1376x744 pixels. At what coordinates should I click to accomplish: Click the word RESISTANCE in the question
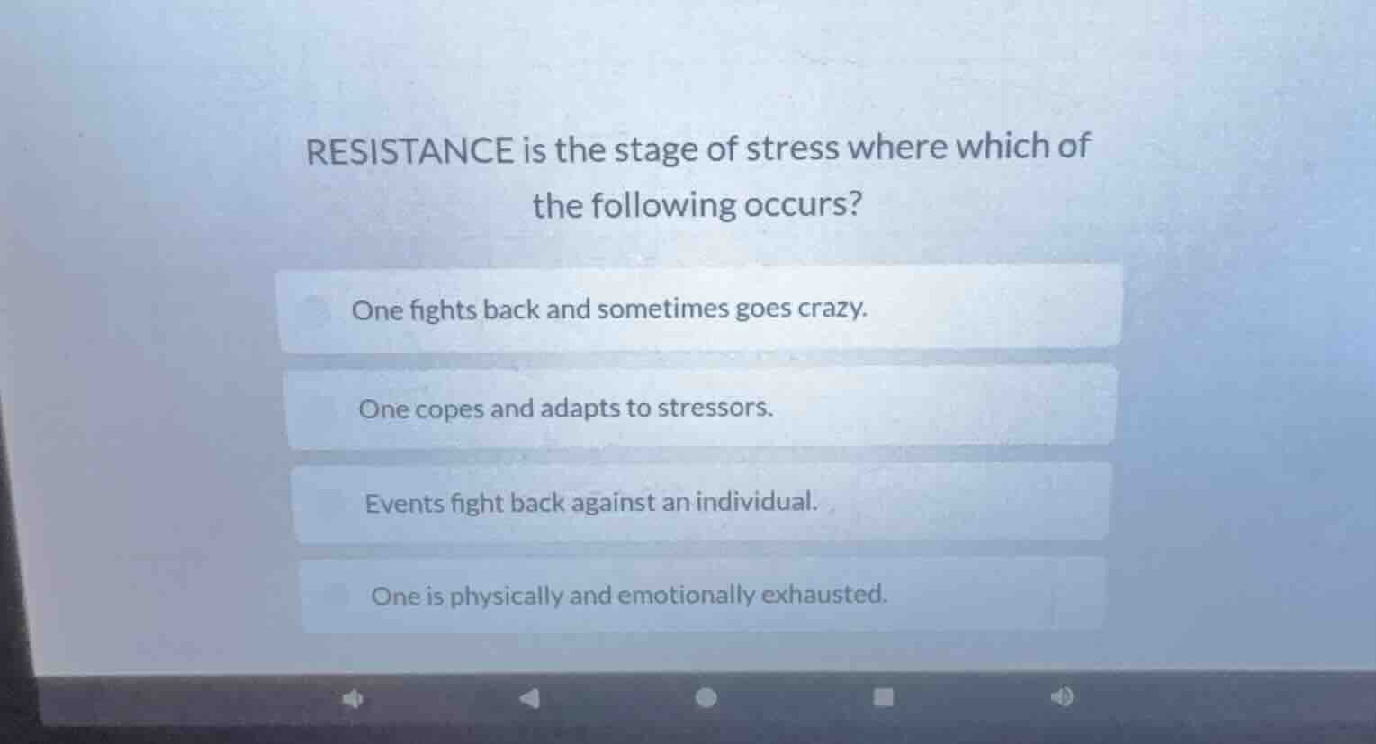(x=409, y=150)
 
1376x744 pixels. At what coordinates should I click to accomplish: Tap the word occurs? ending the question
(x=802, y=205)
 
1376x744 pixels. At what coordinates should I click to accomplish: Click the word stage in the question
(x=656, y=149)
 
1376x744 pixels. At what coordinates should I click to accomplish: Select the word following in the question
(x=665, y=205)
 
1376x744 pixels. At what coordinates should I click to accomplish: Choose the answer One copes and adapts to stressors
(x=566, y=408)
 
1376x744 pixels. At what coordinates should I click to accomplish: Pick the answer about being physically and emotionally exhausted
(x=629, y=595)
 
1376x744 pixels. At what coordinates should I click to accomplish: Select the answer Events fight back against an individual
(x=591, y=502)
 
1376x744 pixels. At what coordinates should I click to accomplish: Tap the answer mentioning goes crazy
(x=609, y=309)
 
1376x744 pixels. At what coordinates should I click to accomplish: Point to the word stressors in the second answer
(x=715, y=408)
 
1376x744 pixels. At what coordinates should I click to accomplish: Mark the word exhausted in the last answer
(x=824, y=594)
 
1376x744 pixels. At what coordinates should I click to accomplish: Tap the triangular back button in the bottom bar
(x=530, y=697)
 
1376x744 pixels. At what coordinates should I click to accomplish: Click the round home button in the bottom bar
(x=707, y=697)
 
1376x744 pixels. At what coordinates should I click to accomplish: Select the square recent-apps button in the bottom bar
(x=885, y=697)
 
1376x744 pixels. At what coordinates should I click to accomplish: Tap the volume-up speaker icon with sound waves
(x=1062, y=696)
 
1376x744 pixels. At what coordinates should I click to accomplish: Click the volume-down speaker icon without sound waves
(x=353, y=698)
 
